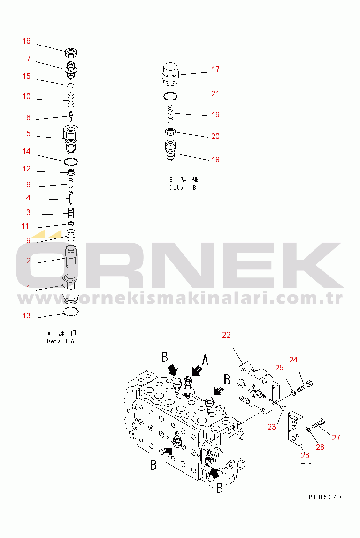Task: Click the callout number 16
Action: click(x=26, y=41)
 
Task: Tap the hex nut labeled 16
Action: click(x=71, y=50)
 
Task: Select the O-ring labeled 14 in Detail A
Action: click(x=71, y=161)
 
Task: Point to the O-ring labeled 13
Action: click(x=71, y=312)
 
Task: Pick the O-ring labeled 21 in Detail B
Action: click(x=170, y=97)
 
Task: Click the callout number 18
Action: click(x=215, y=160)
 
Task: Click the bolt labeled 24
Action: click(x=305, y=385)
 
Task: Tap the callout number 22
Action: click(x=226, y=335)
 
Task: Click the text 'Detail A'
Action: click(x=61, y=341)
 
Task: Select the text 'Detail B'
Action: click(x=183, y=188)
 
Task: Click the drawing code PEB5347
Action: click(x=325, y=497)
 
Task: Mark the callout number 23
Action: click(x=272, y=427)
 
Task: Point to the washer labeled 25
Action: click(x=292, y=391)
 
